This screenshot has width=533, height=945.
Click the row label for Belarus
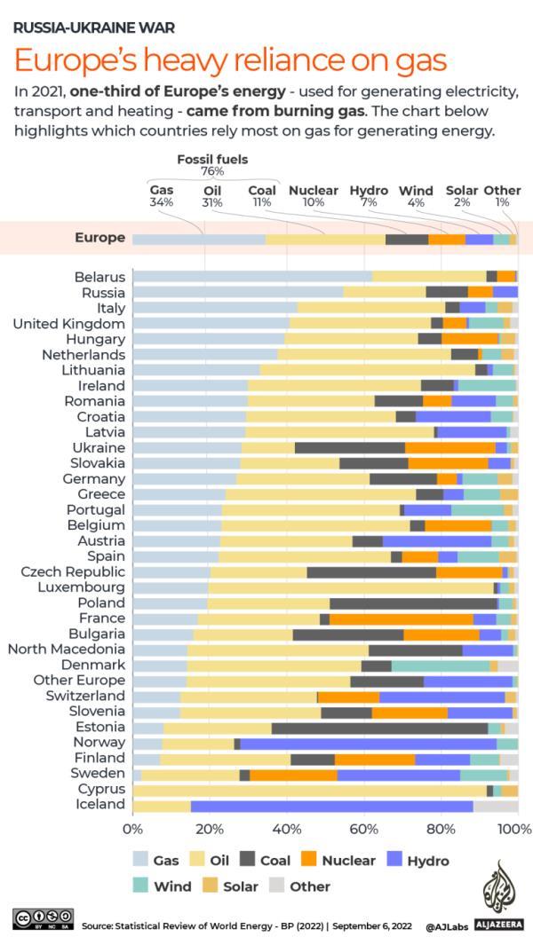click(99, 277)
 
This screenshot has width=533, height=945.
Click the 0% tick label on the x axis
click(132, 829)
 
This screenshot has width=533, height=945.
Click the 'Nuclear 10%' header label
click(313, 196)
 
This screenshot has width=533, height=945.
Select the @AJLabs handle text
click(445, 926)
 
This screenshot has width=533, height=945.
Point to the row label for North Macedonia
click(67, 650)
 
